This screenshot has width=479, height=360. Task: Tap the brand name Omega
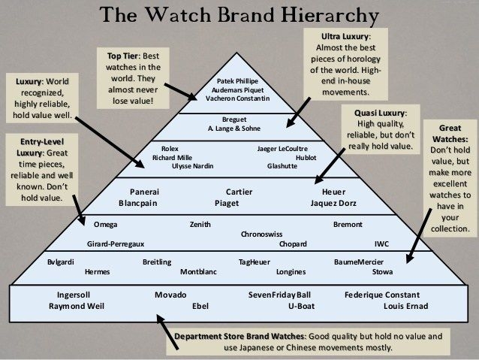(105, 225)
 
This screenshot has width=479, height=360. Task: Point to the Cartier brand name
(239, 192)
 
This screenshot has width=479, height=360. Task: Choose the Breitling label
(157, 262)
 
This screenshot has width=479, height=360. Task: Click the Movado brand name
(170, 295)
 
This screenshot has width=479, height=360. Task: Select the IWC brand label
(381, 244)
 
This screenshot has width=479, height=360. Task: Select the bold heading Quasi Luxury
(378, 112)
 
